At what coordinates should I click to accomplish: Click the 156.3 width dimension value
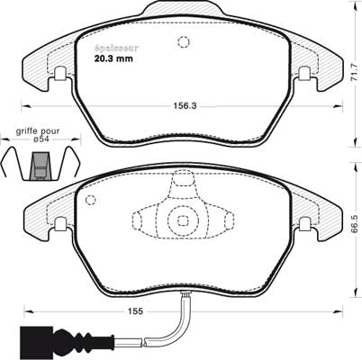click(185, 106)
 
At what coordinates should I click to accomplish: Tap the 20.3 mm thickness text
click(113, 58)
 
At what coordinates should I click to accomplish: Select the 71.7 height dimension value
click(355, 72)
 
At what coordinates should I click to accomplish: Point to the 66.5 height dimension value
click(355, 224)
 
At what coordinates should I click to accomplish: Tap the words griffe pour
click(38, 131)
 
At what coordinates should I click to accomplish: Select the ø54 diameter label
click(41, 139)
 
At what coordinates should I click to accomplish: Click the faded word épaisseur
click(116, 48)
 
